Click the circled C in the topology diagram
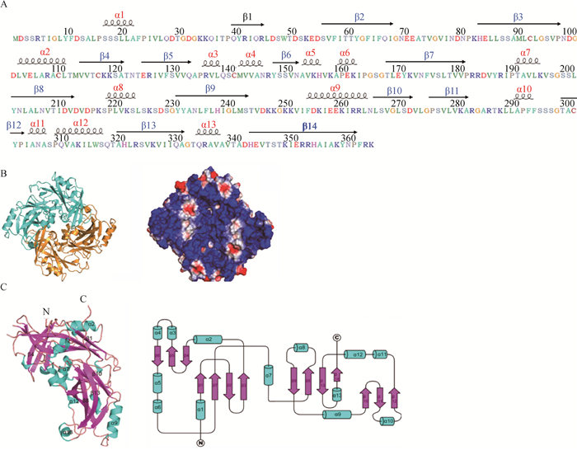point(336,337)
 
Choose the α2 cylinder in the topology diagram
point(209,339)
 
